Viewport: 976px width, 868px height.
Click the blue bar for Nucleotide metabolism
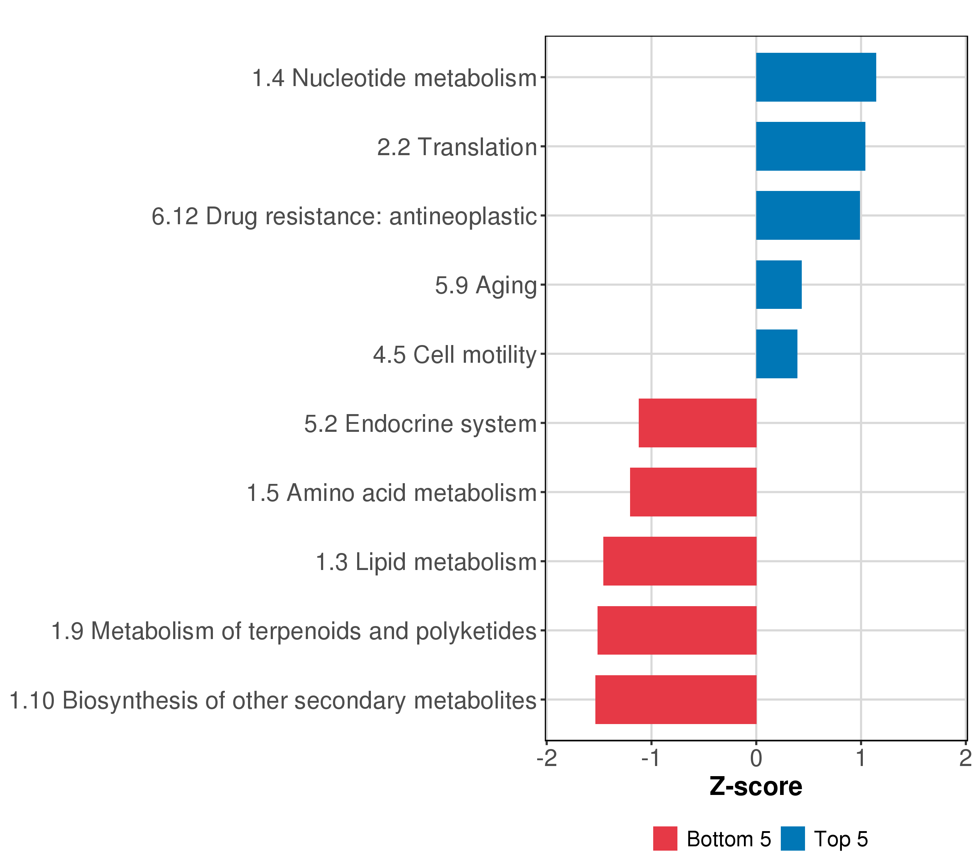816,77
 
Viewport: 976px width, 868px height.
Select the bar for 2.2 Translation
810,146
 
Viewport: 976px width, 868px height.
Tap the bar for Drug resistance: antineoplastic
808,216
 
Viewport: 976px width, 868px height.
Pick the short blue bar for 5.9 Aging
778,285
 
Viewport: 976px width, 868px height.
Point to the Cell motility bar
776,354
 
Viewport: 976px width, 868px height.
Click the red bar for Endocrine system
697,423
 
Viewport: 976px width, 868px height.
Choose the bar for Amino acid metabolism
693,492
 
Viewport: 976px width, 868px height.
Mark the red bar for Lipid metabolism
680,561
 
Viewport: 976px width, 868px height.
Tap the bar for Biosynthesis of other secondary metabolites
676,699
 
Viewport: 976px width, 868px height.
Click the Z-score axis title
755,786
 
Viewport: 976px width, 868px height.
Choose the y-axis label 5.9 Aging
485,286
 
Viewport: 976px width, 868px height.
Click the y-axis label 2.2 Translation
457,147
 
